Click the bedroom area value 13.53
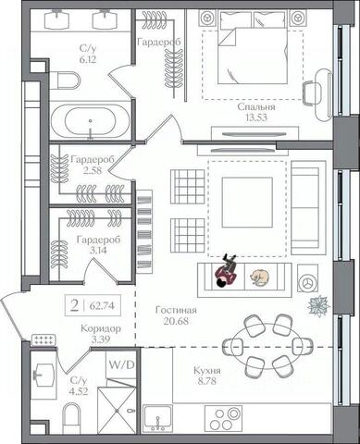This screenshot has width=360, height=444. [x=255, y=117]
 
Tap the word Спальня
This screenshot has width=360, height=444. [x=256, y=107]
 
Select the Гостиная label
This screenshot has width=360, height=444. [x=176, y=310]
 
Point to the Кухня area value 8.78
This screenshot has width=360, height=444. [x=206, y=381]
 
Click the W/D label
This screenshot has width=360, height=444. [x=121, y=365]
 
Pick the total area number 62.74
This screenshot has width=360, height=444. [x=102, y=306]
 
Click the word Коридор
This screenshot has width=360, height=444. [x=101, y=328]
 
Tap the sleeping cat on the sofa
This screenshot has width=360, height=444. [x=259, y=277]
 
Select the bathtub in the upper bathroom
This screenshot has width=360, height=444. [x=90, y=121]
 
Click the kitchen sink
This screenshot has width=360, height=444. [x=157, y=419]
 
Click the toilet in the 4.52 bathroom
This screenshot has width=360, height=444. [x=71, y=419]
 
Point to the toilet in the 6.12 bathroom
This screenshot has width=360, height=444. [x=65, y=80]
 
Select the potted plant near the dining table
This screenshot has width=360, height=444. [x=319, y=306]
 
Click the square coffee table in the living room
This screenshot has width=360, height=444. [x=247, y=203]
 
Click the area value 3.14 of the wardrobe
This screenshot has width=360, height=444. [x=98, y=251]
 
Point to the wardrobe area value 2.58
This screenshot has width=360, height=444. [x=93, y=170]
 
